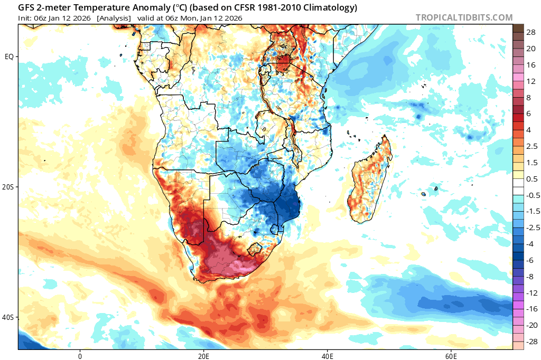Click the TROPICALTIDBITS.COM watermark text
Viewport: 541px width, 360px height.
click(464, 17)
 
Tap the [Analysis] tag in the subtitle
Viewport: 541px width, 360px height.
click(114, 18)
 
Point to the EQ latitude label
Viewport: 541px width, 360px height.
click(10, 56)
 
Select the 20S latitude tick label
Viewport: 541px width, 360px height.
click(8, 187)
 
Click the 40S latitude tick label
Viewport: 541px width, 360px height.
click(8, 317)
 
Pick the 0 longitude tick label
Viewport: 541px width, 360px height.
click(80, 355)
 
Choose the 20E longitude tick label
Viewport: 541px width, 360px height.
click(203, 355)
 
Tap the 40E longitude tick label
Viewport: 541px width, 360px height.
click(327, 355)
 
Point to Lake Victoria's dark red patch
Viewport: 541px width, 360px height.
click(284, 63)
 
